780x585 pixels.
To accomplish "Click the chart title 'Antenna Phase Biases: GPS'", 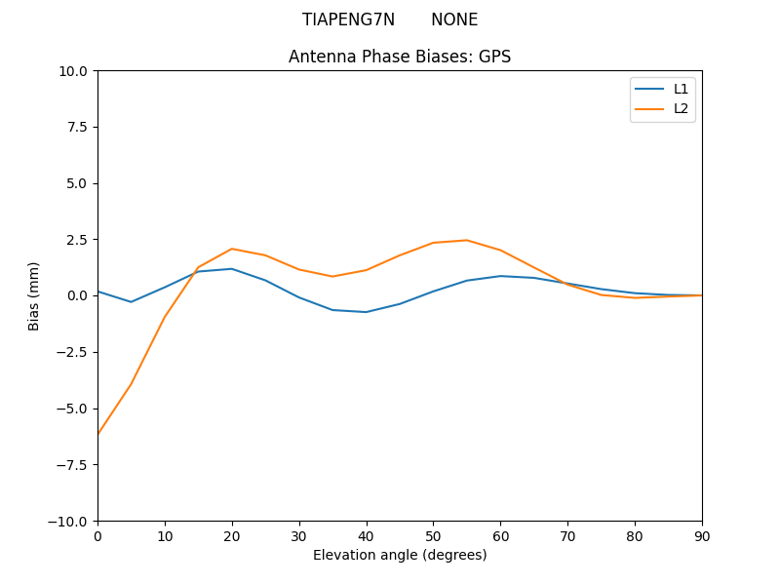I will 399,57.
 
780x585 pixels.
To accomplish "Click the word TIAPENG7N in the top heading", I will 348,20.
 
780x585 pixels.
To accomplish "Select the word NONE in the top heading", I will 454,20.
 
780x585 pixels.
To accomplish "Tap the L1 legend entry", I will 681,89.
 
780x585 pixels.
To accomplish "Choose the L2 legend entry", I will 681,108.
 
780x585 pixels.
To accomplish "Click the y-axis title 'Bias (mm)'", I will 34,295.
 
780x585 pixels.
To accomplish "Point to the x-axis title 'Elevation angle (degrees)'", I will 400,555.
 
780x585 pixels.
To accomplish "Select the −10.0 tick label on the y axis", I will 68,522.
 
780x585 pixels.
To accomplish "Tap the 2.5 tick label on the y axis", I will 76,240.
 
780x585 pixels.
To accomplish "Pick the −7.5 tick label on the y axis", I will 71,465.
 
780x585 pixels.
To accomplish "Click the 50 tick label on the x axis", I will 433,535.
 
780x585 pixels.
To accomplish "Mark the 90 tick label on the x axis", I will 702,535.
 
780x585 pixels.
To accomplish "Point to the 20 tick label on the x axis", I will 232,535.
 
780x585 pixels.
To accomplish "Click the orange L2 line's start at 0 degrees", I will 98,433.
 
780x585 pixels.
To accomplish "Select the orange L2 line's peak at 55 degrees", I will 467,240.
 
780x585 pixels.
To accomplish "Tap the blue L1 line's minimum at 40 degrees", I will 366,312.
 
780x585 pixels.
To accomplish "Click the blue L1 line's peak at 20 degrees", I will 232,269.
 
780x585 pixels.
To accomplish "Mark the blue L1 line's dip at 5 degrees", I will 132,301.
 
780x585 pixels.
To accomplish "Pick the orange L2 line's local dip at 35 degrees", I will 332,276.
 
